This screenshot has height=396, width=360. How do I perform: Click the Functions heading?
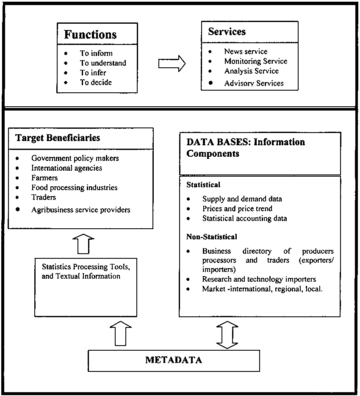[x=90, y=34]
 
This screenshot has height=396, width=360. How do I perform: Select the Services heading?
[x=227, y=32]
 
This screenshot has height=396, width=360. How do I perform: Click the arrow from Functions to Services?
[x=172, y=64]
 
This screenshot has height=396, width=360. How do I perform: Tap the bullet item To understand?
[x=103, y=63]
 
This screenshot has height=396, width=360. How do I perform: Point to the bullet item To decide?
[x=96, y=83]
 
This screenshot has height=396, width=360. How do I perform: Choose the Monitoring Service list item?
[x=255, y=61]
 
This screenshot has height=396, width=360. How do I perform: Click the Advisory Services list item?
[x=254, y=83]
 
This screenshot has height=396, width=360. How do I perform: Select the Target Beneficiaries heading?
[x=58, y=138]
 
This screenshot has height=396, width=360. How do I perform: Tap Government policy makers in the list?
[x=75, y=158]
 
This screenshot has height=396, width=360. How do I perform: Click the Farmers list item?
[x=44, y=178]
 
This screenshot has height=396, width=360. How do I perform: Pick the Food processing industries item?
[x=74, y=188]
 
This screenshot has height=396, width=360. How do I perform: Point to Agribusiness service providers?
[x=80, y=210]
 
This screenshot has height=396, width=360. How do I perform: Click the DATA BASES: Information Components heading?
[x=246, y=147]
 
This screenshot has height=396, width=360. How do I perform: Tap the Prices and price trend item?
[x=237, y=209]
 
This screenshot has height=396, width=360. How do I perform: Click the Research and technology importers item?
[x=259, y=280]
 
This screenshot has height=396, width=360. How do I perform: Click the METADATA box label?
[x=174, y=360]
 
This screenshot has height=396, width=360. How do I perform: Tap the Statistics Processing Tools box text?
[x=86, y=272]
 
